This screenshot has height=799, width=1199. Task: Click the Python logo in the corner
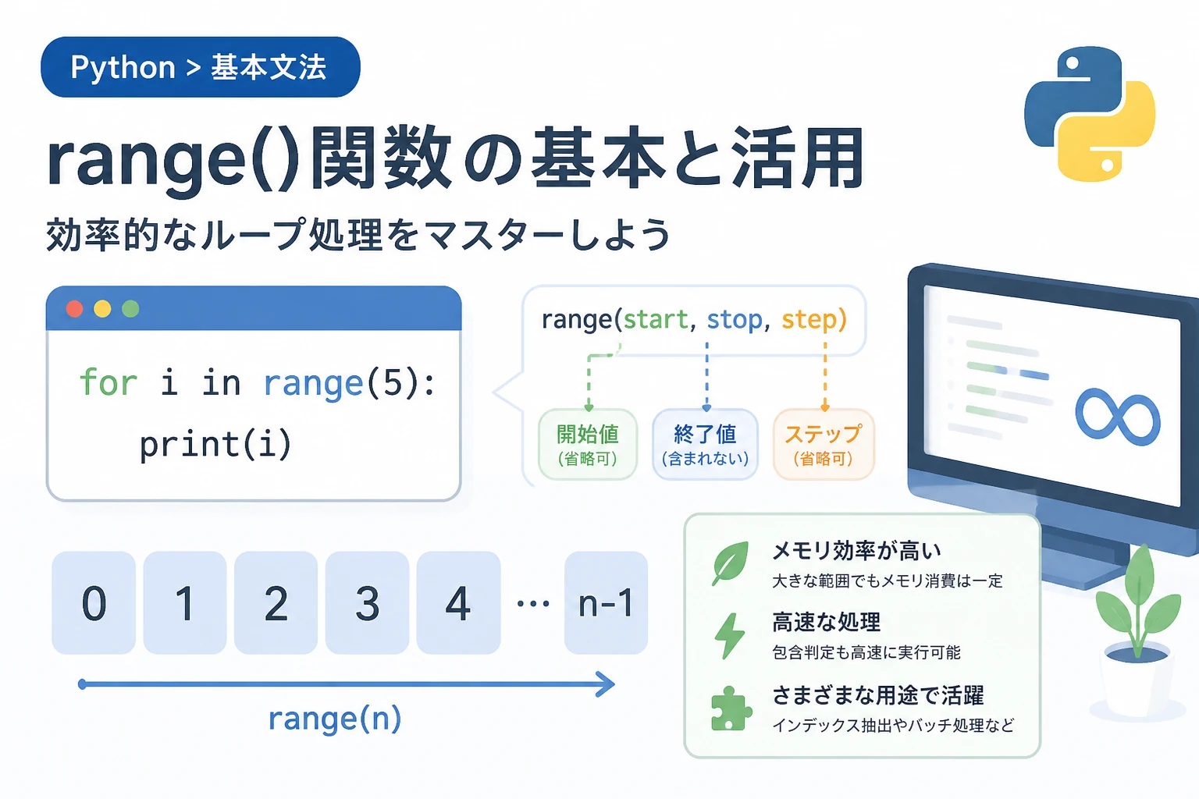point(1089,113)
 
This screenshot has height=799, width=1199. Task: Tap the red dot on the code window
point(74,309)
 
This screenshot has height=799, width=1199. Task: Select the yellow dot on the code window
point(102,309)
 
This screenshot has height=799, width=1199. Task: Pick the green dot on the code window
point(130,309)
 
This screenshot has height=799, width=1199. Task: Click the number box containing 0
point(94,602)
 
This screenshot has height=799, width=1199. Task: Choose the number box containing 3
point(367,602)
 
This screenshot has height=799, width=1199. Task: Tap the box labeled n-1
point(606,602)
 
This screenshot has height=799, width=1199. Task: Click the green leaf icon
point(730,563)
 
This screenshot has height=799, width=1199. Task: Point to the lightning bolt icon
point(730,635)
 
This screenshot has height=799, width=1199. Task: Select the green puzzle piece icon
point(731,708)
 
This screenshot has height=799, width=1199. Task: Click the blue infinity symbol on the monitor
point(1118,417)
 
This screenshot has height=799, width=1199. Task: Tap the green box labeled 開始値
point(588,444)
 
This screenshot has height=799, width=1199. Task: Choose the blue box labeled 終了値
point(705,444)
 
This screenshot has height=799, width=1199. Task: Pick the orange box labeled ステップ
point(824,444)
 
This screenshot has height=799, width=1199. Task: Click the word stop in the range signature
point(735,320)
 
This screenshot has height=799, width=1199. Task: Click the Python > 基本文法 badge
point(201,67)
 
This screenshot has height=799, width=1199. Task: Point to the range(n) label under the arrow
point(335,718)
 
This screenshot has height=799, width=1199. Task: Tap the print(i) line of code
point(215,444)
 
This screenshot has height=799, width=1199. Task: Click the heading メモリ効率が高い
point(856,551)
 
